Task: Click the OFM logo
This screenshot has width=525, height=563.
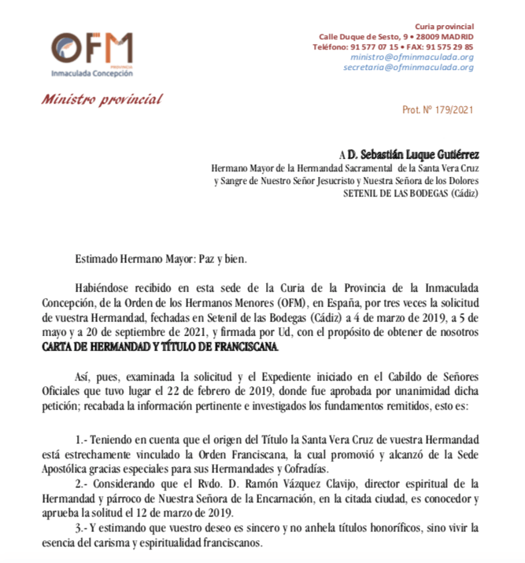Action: tap(91, 50)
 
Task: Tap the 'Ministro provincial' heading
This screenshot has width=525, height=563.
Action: tap(102, 100)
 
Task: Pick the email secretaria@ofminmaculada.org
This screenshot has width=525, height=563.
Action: tap(408, 67)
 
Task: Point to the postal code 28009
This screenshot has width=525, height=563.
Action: tap(430, 37)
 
